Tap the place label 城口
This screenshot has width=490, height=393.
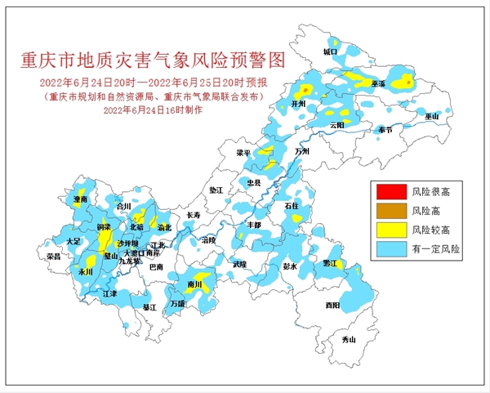click(330, 51)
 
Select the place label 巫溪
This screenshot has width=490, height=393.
click(377, 83)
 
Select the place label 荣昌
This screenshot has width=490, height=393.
click(54, 256)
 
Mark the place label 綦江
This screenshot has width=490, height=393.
click(149, 307)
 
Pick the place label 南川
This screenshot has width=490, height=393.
click(194, 285)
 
